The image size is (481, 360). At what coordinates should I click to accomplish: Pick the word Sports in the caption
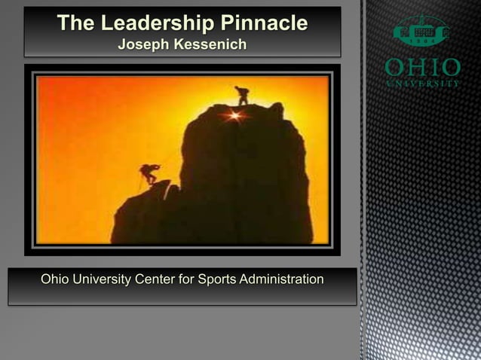coord(217,280)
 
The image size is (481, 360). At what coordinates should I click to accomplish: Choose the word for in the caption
coord(188,280)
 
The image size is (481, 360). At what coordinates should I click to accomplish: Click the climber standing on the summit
coord(242,95)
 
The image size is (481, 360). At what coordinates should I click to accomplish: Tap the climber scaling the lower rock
coord(149,174)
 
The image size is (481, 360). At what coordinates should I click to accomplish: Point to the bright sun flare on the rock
coord(235,115)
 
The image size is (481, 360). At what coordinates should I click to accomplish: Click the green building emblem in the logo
coord(422,32)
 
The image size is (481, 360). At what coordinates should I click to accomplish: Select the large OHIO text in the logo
coord(422,68)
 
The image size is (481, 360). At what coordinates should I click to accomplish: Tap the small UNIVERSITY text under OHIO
coord(422,84)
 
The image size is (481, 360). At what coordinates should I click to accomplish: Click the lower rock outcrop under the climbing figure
coord(147,215)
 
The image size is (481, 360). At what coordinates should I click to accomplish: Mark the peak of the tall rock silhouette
coord(249,108)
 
